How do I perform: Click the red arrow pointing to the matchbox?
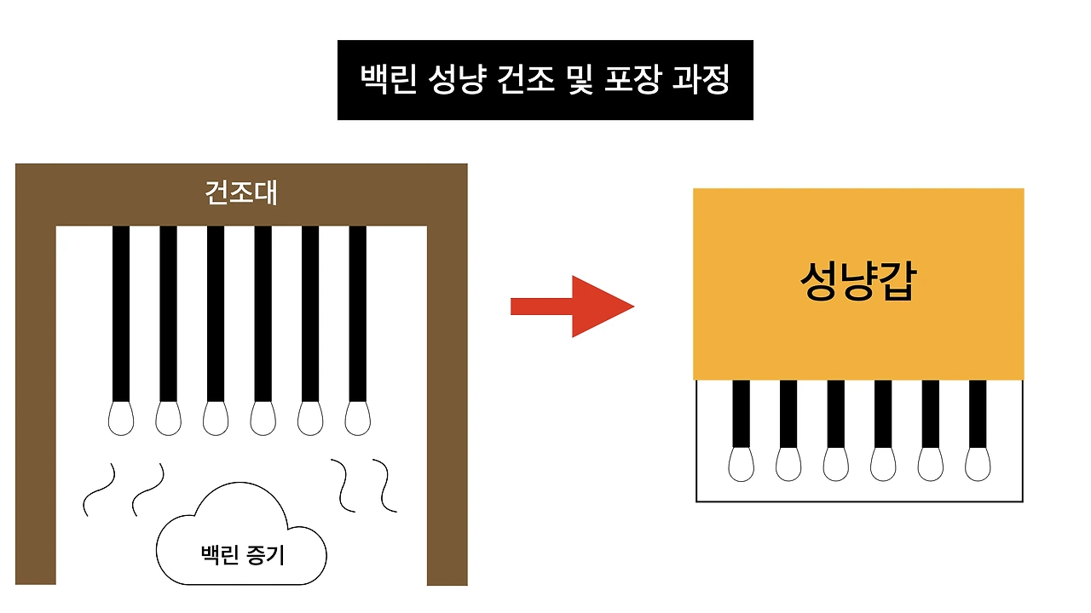click(571, 306)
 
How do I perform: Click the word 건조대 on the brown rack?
click(241, 192)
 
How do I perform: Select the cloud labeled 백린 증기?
click(242, 545)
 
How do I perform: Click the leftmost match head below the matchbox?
click(741, 463)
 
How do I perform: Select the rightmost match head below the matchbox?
click(978, 463)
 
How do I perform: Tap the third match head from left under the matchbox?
click(835, 463)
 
